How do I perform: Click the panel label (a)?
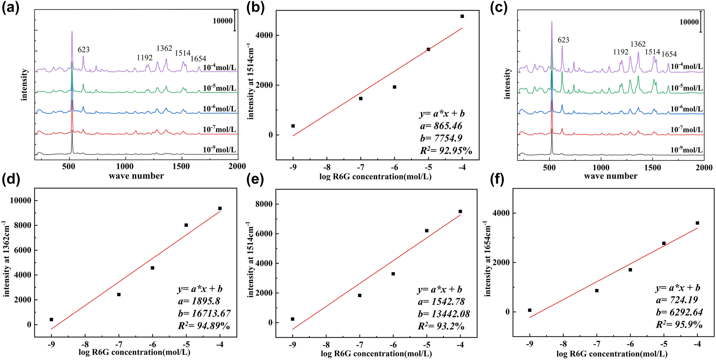click(10, 8)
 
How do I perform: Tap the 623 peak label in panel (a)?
click(84, 50)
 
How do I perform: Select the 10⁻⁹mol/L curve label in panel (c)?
click(686, 150)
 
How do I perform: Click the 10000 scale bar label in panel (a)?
click(223, 21)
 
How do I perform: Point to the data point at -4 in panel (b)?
click(462, 16)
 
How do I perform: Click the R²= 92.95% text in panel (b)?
click(446, 151)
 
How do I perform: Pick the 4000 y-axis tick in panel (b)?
click(264, 35)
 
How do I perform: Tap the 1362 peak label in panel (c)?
click(638, 44)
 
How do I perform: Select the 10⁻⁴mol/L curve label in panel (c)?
click(686, 66)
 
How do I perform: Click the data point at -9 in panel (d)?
click(52, 320)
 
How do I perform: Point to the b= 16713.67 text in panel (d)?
click(204, 313)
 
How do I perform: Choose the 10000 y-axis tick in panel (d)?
click(21, 200)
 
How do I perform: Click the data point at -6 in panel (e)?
click(393, 274)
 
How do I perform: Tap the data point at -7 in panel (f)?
click(597, 291)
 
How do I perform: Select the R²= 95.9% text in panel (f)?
click(679, 325)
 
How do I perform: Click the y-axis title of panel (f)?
click(487, 259)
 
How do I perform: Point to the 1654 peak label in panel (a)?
click(198, 59)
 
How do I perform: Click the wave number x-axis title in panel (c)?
click(610, 176)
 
